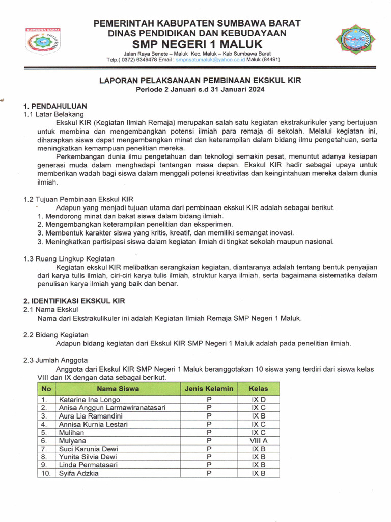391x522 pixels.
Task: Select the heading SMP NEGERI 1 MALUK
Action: click(x=196, y=44)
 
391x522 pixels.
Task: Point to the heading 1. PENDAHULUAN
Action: click(x=55, y=106)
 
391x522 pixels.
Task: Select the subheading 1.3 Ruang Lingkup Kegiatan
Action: click(x=69, y=259)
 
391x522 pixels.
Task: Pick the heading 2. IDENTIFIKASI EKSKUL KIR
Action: click(x=74, y=301)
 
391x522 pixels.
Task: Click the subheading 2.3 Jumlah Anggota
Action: click(x=55, y=360)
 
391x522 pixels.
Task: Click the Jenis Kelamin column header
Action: click(x=209, y=389)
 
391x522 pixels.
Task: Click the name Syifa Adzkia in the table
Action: click(x=79, y=473)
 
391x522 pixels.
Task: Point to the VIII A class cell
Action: click(x=259, y=440)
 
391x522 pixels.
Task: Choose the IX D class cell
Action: click(x=259, y=400)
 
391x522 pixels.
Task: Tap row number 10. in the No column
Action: click(x=46, y=473)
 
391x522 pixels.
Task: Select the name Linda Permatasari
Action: click(x=88, y=465)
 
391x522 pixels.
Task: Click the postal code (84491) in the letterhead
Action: click(x=269, y=60)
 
